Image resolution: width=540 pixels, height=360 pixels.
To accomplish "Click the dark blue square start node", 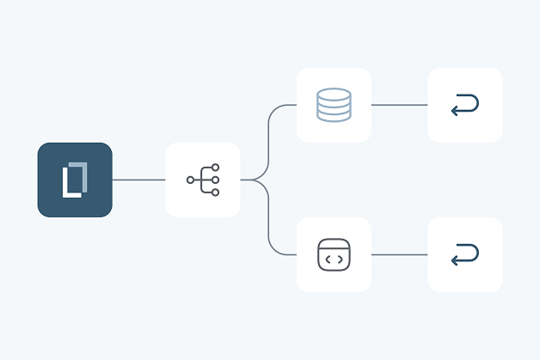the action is pos(75,180).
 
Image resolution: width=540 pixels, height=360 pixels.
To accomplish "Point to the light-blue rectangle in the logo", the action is pos(80,176).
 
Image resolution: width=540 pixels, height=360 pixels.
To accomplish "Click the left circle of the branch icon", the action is pos(190,180).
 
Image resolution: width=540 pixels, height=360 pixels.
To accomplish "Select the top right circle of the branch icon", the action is pos(215,168).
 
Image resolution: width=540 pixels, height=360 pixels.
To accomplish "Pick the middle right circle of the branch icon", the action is pos(215,180).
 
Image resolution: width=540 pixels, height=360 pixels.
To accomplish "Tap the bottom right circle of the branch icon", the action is pos(215,192).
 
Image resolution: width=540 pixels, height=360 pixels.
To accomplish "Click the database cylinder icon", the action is pos(334,105).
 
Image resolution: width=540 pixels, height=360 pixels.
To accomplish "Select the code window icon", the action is pos(334,254).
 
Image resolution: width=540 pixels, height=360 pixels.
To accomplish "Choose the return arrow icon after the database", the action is pos(464,105).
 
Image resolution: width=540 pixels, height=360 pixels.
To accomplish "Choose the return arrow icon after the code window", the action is pos(464,254).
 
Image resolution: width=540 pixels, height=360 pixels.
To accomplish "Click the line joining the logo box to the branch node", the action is pos(138,180).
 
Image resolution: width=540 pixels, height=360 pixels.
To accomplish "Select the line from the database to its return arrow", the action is pos(399,105).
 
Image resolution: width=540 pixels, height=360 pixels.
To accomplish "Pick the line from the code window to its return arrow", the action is pos(399,254).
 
